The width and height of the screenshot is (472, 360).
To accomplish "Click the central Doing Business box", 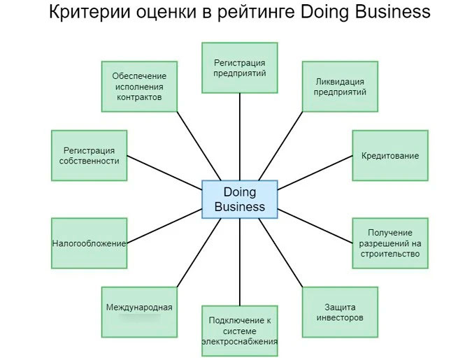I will (239, 199).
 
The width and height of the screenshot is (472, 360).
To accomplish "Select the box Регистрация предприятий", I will (239, 68).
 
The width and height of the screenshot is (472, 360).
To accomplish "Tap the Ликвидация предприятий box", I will (340, 87).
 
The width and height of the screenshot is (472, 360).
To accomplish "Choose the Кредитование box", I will (389, 156).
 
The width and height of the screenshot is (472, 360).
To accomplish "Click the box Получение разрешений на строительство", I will (389, 243).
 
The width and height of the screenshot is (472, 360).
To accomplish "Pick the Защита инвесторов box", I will (340, 312).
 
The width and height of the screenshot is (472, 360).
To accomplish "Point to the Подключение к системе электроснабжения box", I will (239, 331).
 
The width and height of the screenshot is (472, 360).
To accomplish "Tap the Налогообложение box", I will (89, 243).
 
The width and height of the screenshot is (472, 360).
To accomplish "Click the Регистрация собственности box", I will (89, 156).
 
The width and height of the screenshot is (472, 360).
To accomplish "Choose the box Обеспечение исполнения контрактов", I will (138, 87).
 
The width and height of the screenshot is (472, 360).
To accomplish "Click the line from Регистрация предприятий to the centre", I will (239, 136).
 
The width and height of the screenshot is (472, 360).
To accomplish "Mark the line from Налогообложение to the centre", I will (164, 229).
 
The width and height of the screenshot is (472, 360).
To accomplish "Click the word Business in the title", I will (384, 13).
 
